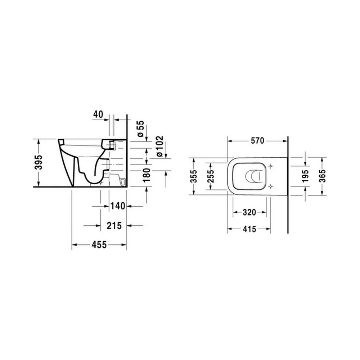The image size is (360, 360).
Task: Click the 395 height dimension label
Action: point(39,162)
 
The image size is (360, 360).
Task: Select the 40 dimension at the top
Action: point(98,114)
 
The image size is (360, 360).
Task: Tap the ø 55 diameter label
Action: point(141,129)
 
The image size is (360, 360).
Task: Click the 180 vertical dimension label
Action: point(146,175)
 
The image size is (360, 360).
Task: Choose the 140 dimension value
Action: point(118,206)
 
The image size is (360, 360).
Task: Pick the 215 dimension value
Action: point(114,226)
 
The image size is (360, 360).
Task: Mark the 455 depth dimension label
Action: point(99,245)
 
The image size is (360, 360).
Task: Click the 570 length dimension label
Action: point(257,140)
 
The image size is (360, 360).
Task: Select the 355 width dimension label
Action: point(194,176)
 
